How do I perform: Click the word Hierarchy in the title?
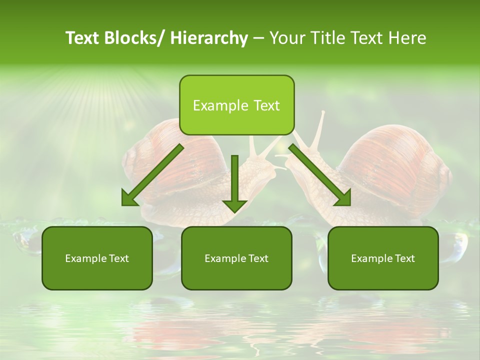click(209, 38)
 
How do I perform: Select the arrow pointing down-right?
click(320, 175)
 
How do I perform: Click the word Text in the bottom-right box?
click(404, 258)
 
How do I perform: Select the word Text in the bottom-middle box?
click(257, 258)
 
